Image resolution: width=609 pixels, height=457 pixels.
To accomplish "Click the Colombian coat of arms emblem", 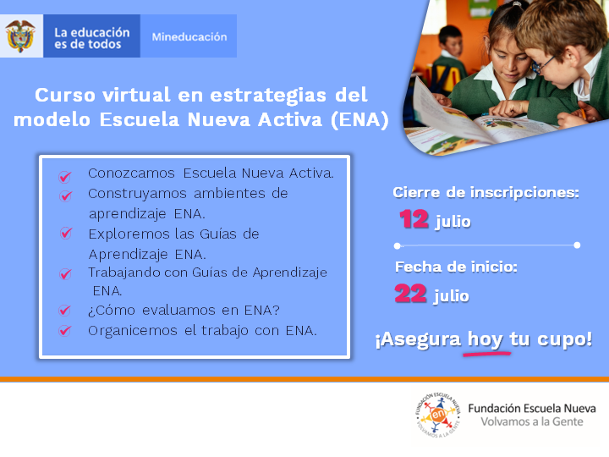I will pos(19,36).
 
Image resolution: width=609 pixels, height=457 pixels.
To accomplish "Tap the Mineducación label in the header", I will pos(189,37).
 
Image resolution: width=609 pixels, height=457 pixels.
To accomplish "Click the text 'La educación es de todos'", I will pos(92,37).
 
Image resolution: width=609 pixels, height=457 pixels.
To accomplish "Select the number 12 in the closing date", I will pos(414,220).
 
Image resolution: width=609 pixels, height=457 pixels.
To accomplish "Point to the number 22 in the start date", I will pos(412,295).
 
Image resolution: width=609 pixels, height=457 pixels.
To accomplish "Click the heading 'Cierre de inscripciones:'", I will pos(486,193).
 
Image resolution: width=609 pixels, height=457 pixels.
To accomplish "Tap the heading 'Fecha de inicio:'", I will pos(456,267).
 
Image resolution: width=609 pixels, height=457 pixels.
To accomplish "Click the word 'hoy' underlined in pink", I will pos(485,339).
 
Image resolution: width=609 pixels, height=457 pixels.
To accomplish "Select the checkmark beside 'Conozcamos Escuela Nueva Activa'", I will pos(64,177).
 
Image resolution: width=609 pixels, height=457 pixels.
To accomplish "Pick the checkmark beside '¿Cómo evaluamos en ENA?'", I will pos(64,311).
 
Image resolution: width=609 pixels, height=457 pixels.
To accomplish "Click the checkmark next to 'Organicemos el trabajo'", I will pos(64,331).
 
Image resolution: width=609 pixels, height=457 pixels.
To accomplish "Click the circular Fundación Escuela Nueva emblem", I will pos(438,416).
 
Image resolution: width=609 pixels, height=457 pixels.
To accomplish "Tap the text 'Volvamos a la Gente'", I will pos(531,422).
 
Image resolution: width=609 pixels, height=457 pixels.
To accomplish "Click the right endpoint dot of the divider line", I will pos(577,245).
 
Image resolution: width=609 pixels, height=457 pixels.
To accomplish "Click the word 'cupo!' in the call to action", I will pos(562,339).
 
